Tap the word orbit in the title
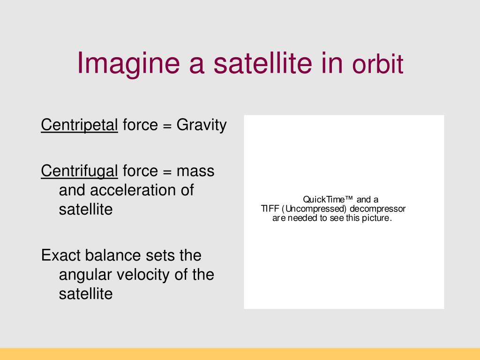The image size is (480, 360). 377,64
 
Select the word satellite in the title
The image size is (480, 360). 262,63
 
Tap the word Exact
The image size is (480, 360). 60,255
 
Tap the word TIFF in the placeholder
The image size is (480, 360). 270,209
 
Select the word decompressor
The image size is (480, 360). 377,209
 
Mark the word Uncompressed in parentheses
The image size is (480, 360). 314,209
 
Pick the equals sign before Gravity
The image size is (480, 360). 167,126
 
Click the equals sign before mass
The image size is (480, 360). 167,172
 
